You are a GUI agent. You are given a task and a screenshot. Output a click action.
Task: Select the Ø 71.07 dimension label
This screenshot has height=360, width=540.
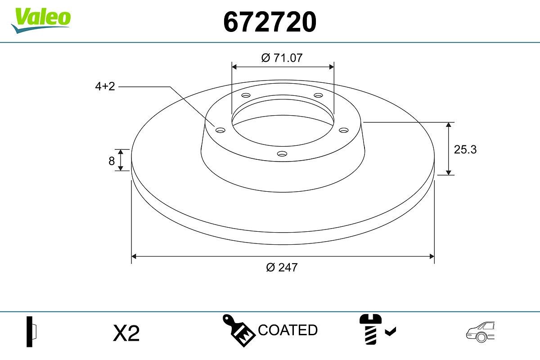(x=282, y=58)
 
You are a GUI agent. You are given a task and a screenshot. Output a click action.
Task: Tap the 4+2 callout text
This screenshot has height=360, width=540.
(x=105, y=86)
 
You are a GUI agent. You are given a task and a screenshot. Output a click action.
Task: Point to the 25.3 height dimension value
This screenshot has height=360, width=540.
(x=465, y=149)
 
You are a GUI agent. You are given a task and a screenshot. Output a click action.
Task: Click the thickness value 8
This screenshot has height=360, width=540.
(x=112, y=161)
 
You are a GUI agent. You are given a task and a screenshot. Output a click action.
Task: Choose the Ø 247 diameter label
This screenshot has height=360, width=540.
(x=282, y=267)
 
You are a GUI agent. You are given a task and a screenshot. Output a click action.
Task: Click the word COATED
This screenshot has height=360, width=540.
(x=288, y=330)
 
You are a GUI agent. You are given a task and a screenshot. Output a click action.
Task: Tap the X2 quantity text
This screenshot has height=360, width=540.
(x=126, y=333)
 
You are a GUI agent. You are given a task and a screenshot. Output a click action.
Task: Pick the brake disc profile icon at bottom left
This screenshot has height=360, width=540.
(x=31, y=331)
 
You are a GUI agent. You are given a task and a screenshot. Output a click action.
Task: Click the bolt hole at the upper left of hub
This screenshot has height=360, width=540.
(x=246, y=95)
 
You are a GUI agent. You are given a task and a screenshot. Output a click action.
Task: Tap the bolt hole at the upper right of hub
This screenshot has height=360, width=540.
(x=319, y=95)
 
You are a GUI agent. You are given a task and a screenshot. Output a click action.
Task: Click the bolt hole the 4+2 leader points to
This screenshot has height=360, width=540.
(x=220, y=130)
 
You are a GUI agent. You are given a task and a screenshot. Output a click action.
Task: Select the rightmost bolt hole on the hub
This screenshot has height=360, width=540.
(x=344, y=130)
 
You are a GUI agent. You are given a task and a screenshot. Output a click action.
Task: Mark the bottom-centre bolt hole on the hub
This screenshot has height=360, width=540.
(x=282, y=154)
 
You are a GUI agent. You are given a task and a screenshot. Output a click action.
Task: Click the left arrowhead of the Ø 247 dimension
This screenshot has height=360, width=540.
(x=134, y=256)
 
